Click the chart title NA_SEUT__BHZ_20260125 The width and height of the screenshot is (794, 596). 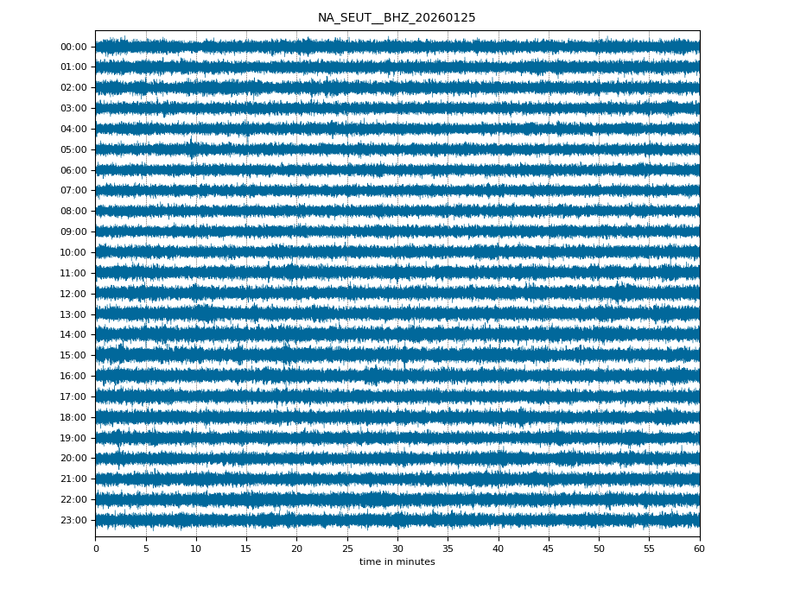[397, 18]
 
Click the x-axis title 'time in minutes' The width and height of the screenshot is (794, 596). [397, 562]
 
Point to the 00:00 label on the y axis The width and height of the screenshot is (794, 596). [73, 47]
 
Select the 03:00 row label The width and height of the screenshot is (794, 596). [73, 109]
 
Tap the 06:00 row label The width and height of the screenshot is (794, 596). [73, 170]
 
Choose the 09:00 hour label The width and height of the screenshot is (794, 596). [73, 231]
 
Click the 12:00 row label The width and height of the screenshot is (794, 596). [73, 294]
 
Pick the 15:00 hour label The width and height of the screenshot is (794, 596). [73, 355]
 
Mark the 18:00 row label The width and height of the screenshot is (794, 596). [73, 417]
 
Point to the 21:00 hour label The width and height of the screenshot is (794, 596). [73, 479]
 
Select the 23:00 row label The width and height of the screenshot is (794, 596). [73, 520]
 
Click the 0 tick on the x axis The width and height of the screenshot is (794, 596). [96, 548]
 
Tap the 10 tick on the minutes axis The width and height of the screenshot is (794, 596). [196, 548]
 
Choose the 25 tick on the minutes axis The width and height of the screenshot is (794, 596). [347, 548]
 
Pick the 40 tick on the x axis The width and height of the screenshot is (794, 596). [499, 548]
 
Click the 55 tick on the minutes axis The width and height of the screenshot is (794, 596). [649, 548]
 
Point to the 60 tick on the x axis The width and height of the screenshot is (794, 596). [699, 548]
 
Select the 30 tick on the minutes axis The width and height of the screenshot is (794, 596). [397, 548]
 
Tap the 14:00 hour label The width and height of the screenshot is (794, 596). [73, 335]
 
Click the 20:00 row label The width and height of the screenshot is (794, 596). [73, 459]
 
